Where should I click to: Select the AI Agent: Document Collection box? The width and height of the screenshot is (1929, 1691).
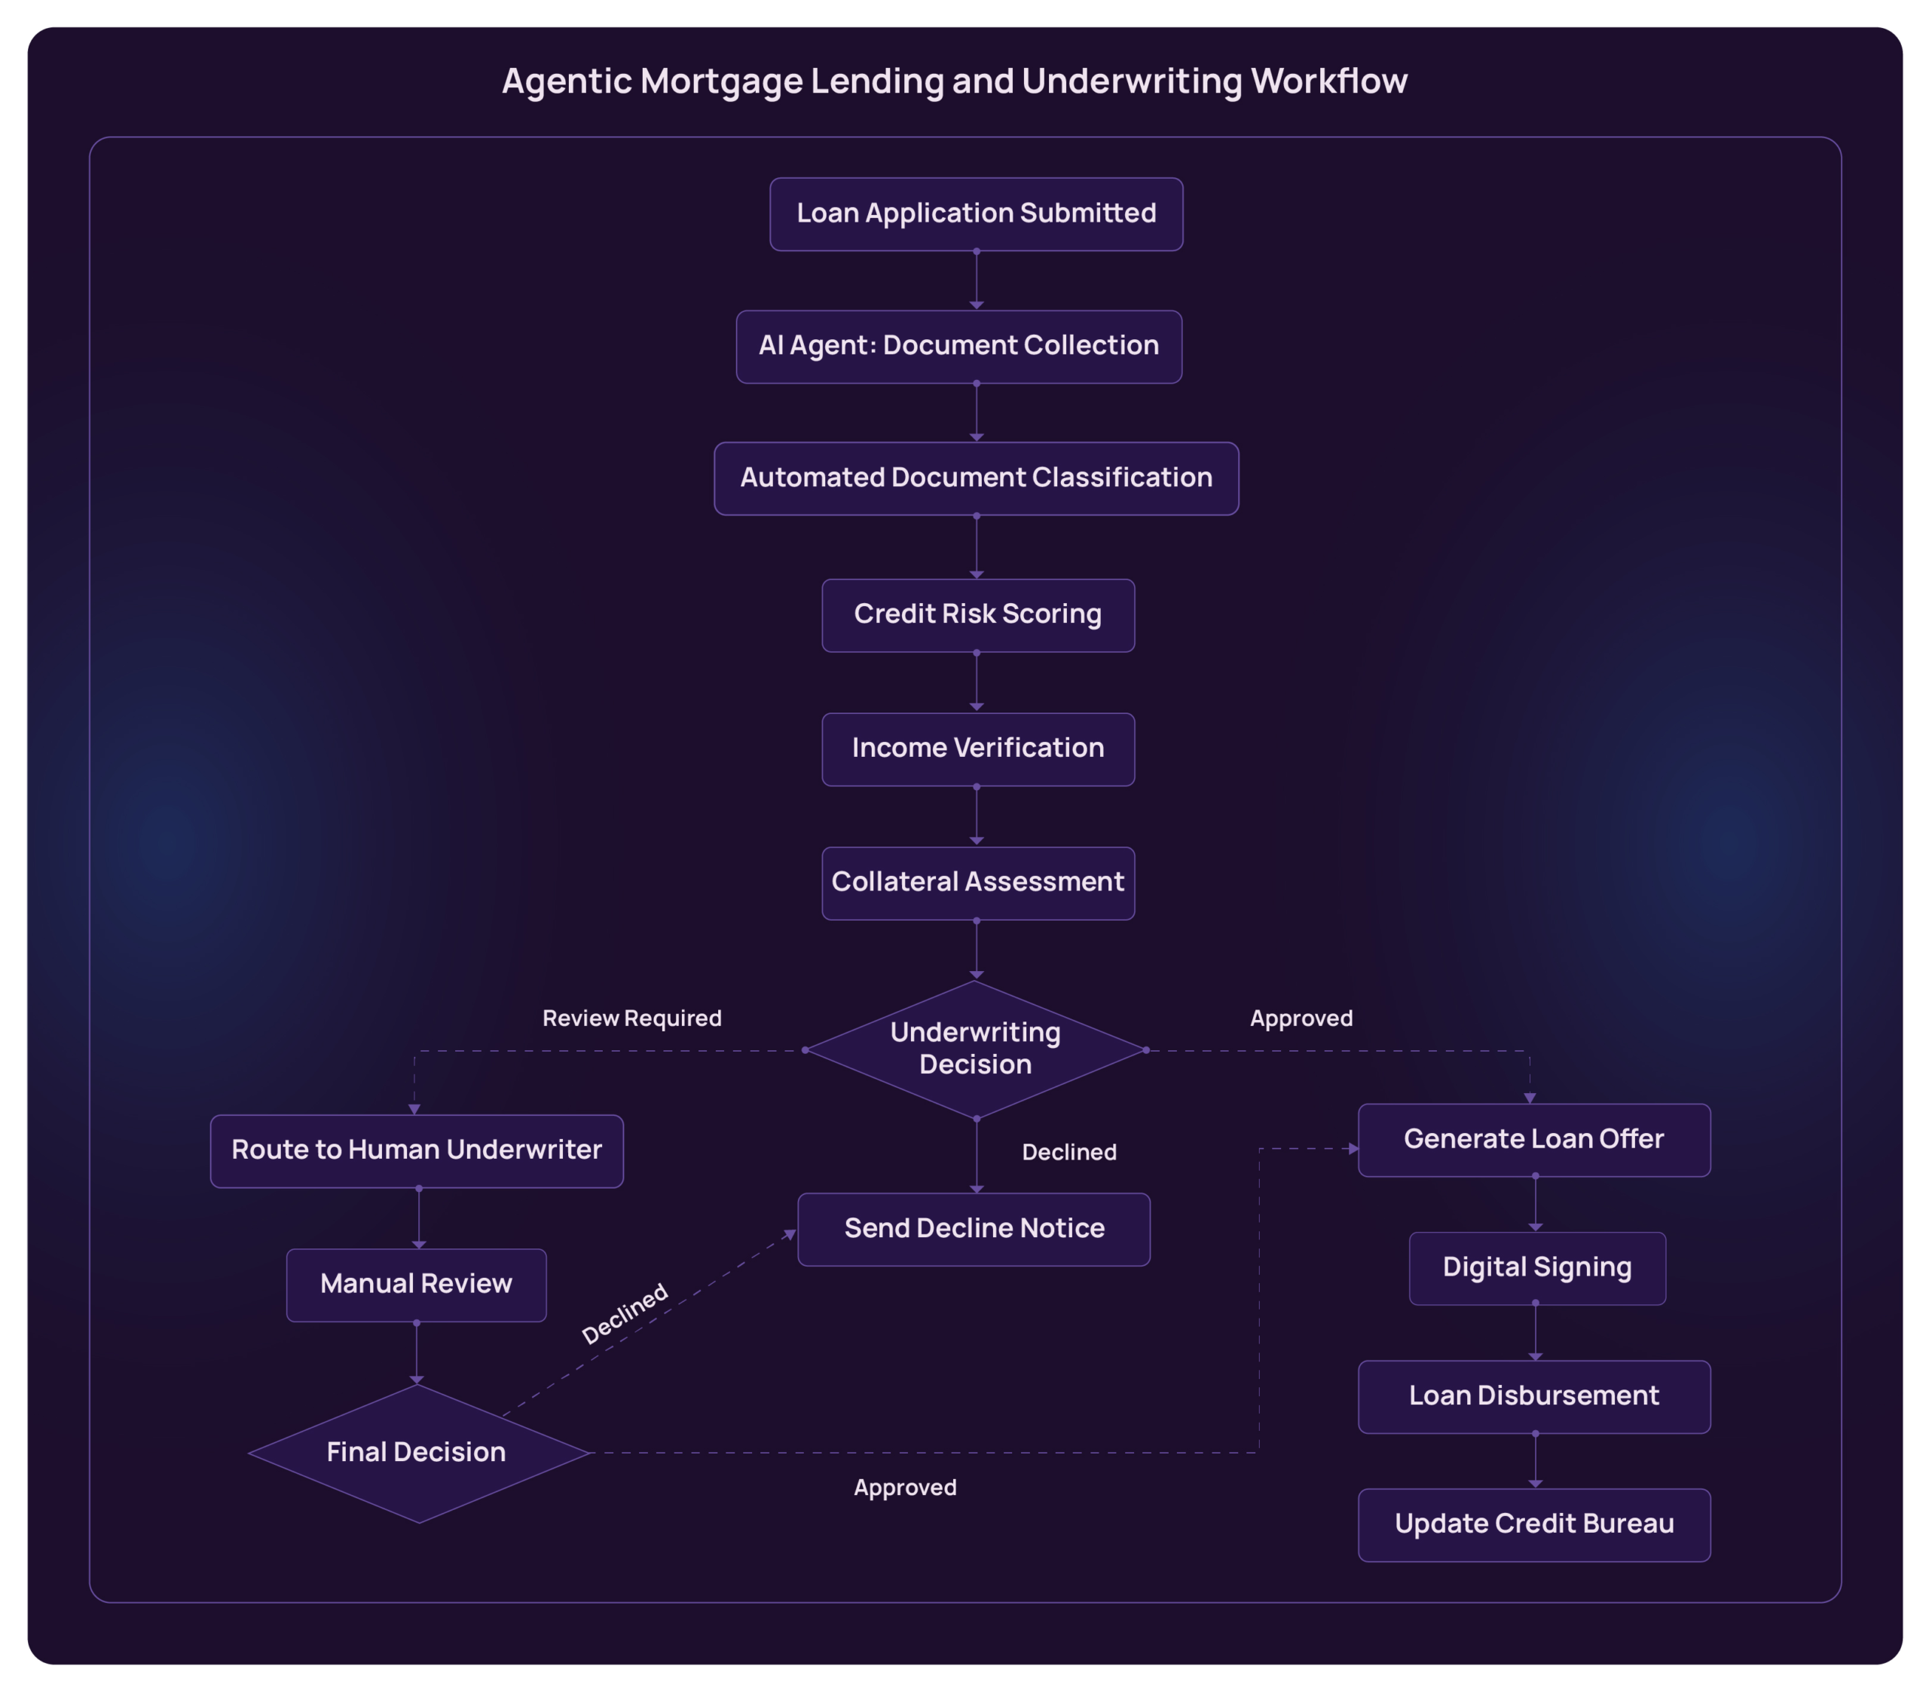[958, 346]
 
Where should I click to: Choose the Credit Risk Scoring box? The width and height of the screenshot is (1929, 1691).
[977, 615]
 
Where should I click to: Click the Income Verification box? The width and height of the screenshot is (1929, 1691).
[977, 749]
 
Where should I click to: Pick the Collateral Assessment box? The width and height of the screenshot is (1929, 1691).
[977, 884]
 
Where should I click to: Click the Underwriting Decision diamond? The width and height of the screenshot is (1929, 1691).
[975, 1049]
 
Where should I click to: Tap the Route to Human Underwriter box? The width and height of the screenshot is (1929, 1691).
[416, 1150]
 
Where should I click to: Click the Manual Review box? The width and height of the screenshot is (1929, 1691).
[416, 1285]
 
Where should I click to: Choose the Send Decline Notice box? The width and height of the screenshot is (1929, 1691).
[974, 1229]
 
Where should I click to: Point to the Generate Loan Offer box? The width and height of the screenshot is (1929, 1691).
[1533, 1139]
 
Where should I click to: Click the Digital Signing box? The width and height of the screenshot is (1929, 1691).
[1536, 1267]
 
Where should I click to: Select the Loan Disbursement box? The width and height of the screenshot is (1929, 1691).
[1533, 1395]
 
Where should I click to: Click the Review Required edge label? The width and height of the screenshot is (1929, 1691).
[631, 1019]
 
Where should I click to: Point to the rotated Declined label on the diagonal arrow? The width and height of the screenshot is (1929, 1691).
[625, 1313]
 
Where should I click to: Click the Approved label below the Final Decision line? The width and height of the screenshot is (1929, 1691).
[905, 1488]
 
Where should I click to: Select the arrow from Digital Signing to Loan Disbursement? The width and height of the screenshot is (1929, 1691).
[1535, 1331]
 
